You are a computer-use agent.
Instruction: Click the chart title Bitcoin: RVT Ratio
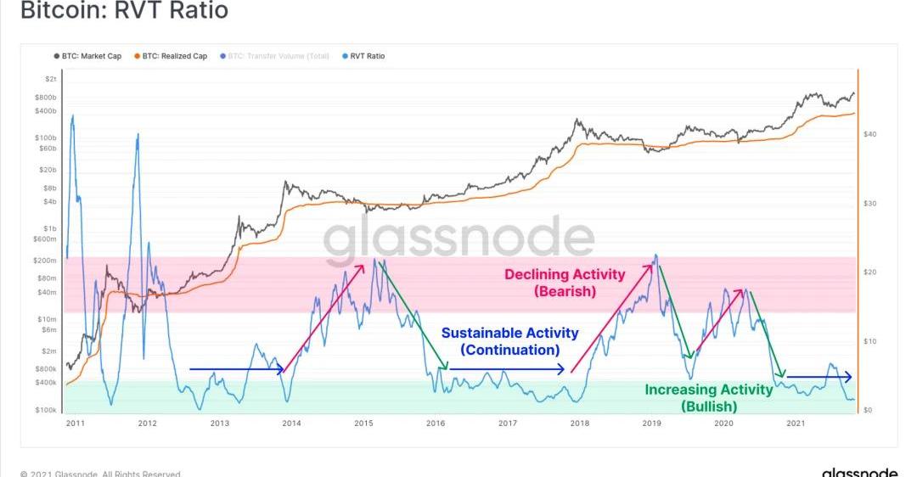[x=124, y=12]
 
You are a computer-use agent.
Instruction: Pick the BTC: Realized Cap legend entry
[x=174, y=56]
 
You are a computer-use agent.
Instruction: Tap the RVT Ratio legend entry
[x=368, y=56]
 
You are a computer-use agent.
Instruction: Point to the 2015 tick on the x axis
[x=363, y=423]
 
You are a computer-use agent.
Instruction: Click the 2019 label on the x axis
[x=651, y=423]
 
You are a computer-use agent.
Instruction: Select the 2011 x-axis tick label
[x=74, y=423]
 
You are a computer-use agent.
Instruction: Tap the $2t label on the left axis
[x=52, y=79]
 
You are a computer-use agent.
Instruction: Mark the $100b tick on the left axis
[x=48, y=137]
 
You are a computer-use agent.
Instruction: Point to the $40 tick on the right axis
[x=869, y=134]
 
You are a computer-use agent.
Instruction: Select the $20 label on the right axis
[x=869, y=272]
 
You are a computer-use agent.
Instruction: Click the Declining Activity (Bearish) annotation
[x=565, y=283]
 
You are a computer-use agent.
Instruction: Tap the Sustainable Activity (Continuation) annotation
[x=509, y=341]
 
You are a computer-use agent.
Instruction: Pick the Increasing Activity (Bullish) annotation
[x=709, y=397]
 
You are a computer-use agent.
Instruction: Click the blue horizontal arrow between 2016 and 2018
[x=506, y=369]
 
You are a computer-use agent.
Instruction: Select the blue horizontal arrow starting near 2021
[x=819, y=376]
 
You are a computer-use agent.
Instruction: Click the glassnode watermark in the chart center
[x=458, y=238]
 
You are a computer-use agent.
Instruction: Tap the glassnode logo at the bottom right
[x=859, y=472]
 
